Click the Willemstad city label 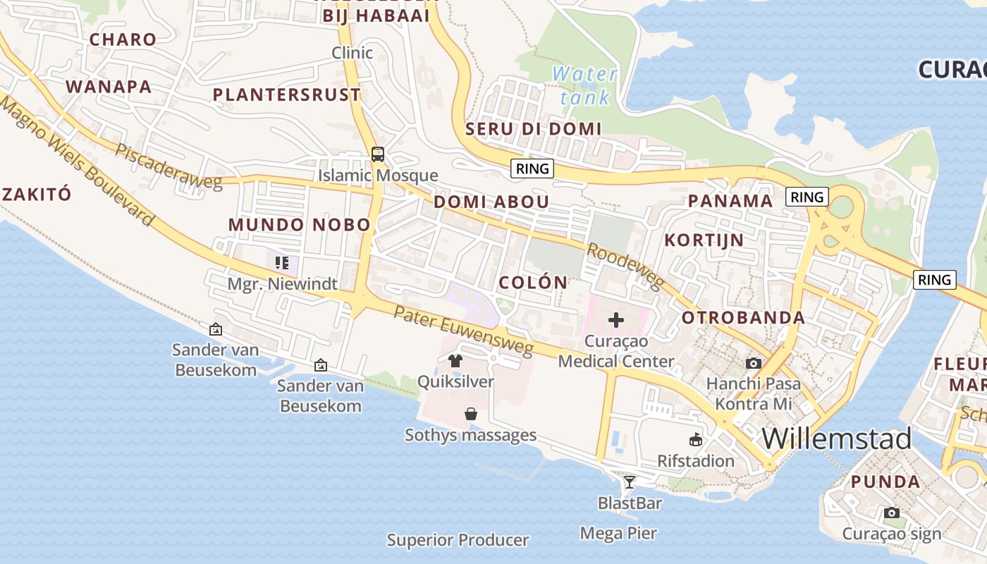click(836, 439)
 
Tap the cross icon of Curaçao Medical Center click(615, 320)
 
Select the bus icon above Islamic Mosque click(378, 154)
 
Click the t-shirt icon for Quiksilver click(455, 361)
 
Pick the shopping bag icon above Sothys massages click(471, 414)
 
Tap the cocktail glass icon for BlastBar click(629, 482)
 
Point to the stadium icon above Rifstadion click(696, 439)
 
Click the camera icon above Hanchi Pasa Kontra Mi click(754, 363)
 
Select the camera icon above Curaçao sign click(892, 513)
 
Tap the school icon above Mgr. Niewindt click(282, 263)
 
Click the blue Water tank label click(584, 85)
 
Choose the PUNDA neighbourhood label click(885, 482)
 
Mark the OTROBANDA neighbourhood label click(743, 317)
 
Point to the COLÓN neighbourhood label click(533, 283)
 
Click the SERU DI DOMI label click(533, 128)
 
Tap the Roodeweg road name click(625, 266)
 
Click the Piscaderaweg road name click(169, 167)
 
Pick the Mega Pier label click(618, 534)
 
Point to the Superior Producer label click(458, 541)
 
